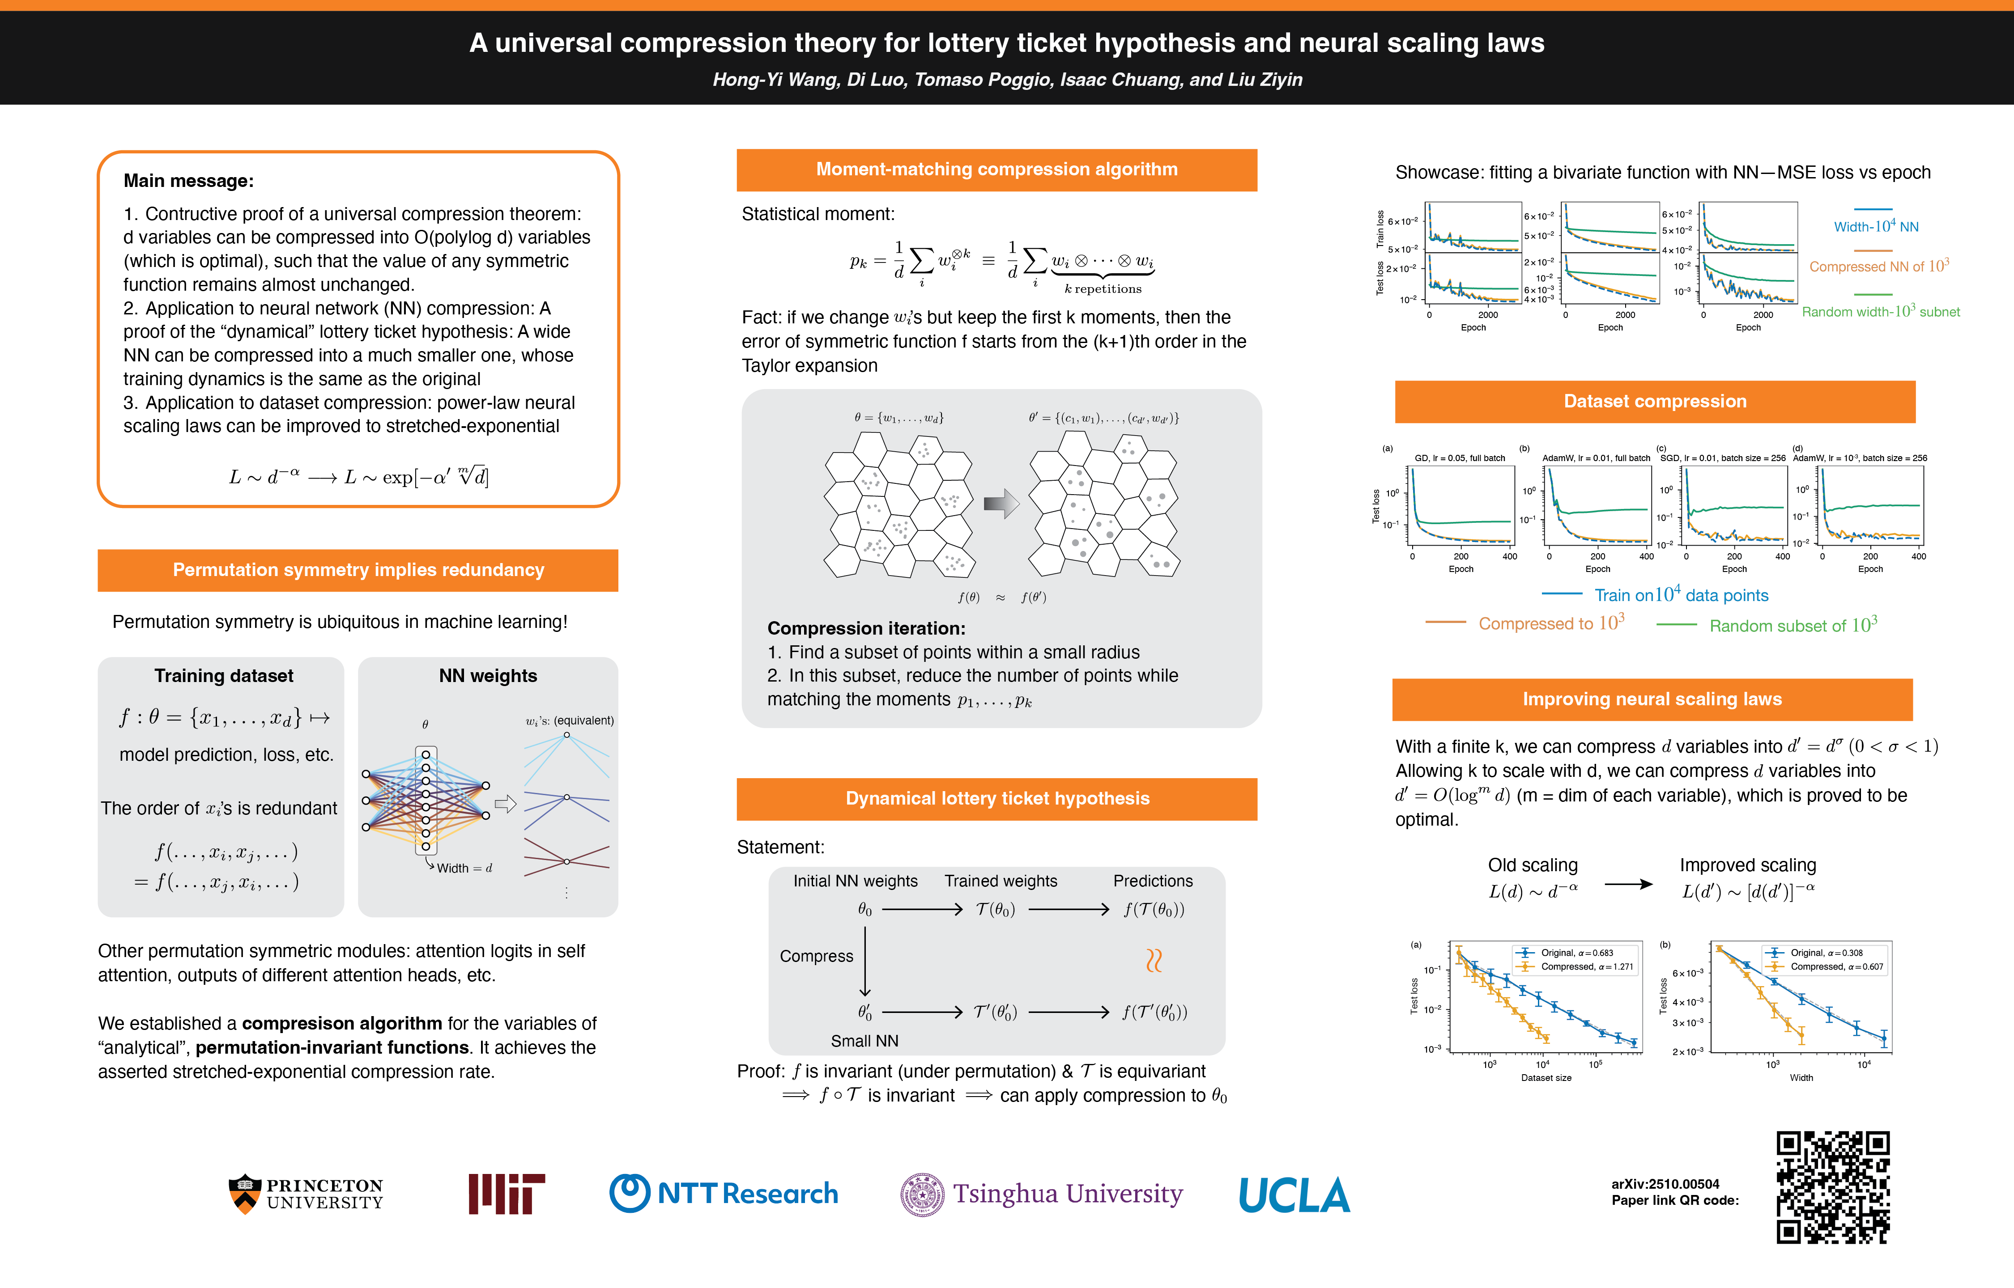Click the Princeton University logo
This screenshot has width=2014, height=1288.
coord(306,1194)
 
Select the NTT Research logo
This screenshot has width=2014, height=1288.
coord(724,1194)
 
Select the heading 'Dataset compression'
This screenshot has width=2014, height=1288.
coord(1654,402)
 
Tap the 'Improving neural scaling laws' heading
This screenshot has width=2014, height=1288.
coord(1652,699)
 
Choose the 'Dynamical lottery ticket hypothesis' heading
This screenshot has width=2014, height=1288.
coord(996,799)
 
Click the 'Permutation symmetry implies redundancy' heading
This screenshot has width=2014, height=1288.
coord(358,570)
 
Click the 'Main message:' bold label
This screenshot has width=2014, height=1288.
coord(188,181)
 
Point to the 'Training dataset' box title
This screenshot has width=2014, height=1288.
coord(223,676)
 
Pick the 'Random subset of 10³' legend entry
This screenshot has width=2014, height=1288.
coord(1792,626)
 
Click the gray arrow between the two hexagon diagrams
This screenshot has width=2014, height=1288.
coord(1001,504)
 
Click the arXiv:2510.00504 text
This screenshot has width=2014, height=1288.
coord(1665,1183)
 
